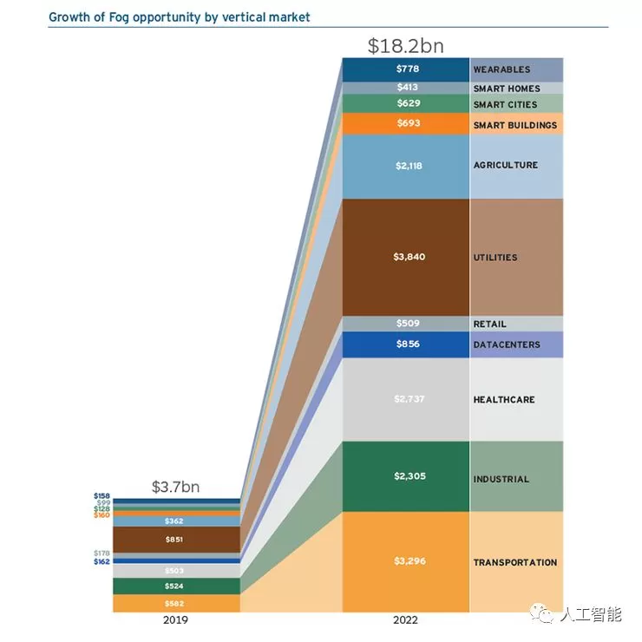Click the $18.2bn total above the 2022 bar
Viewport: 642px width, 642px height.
(404, 44)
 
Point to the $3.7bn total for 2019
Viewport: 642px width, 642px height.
(175, 487)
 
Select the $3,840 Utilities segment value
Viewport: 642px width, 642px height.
(404, 257)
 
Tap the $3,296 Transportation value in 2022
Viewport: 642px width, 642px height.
(404, 562)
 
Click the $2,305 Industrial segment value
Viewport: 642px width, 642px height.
(404, 476)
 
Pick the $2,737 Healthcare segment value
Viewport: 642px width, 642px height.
(404, 399)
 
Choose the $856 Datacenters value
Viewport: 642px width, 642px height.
(404, 344)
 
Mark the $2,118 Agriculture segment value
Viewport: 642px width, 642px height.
(404, 165)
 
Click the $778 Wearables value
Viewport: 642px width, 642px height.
(404, 69)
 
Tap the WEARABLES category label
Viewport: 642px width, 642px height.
(501, 69)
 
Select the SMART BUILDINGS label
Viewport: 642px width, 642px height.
(514, 125)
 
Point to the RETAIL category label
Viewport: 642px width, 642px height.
(489, 324)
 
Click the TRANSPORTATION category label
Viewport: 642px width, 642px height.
(514, 562)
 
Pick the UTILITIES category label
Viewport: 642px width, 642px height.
(495, 257)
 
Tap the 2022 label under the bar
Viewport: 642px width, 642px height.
(404, 619)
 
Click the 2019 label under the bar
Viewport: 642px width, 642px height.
(175, 619)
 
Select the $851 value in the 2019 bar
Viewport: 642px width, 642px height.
(175, 540)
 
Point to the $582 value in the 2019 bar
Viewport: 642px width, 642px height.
(175, 603)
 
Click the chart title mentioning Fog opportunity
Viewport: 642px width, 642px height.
(179, 16)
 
